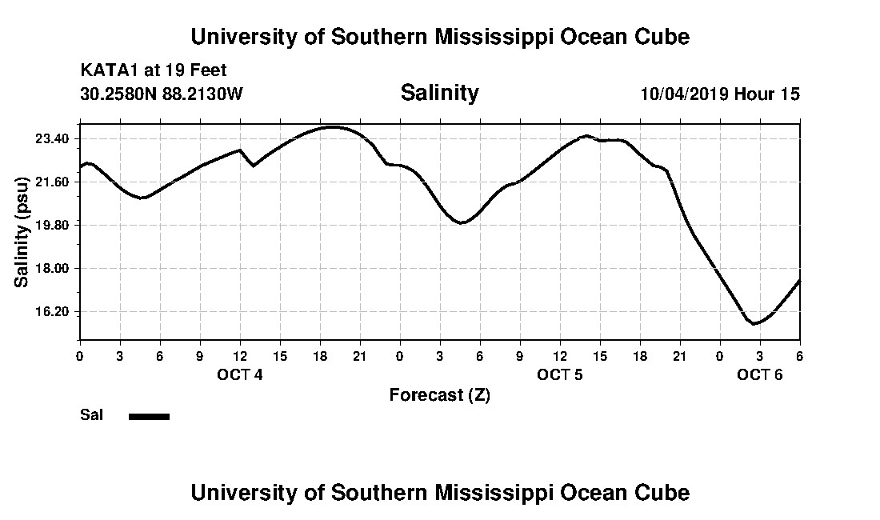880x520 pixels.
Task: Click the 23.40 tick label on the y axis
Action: pos(52,139)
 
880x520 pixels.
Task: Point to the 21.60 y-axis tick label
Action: pos(52,182)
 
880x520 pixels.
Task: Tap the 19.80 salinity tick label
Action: pos(52,225)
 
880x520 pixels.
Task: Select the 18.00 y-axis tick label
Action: pos(52,268)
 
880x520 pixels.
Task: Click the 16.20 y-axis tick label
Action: pos(52,311)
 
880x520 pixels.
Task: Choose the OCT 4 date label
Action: pos(239,374)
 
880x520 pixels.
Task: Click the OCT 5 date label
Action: pos(559,374)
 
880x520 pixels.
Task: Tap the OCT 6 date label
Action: pos(759,374)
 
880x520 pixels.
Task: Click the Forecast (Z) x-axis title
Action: pos(439,395)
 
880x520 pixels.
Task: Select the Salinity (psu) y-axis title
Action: pos(22,232)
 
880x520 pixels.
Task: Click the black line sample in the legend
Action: pos(149,416)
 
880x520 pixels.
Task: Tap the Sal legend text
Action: pos(91,415)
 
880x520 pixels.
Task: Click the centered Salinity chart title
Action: pos(439,93)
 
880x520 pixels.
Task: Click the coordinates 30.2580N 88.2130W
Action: pos(161,94)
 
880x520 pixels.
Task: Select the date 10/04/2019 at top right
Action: pos(683,94)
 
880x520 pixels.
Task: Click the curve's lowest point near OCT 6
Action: pos(754,323)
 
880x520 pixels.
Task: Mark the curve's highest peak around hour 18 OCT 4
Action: pos(331,126)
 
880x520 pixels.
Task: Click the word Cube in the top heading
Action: pos(663,37)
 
